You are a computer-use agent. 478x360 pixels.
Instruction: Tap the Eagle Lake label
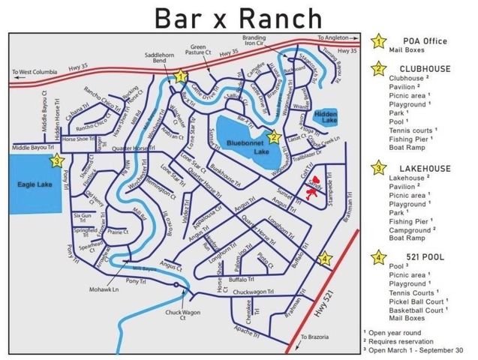coord(34,183)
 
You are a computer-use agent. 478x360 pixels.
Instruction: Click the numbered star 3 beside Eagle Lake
coord(56,160)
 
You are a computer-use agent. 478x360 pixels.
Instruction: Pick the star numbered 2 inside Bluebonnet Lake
coord(274,136)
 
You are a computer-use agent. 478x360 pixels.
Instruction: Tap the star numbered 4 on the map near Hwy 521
coord(324,259)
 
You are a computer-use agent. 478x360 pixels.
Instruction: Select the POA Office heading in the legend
coord(425,41)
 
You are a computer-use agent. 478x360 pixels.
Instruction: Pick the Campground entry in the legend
coord(416,231)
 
